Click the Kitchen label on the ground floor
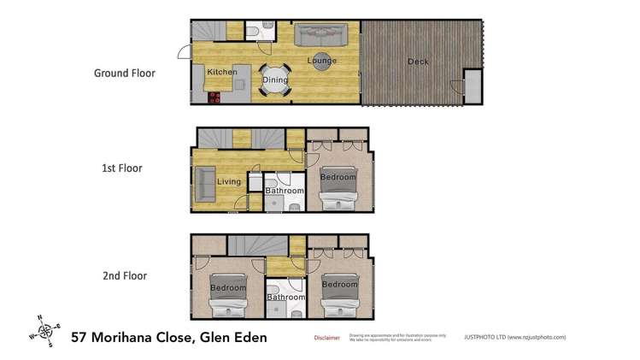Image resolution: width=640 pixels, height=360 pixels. coord(220,73)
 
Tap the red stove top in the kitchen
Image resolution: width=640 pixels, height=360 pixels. coord(213,97)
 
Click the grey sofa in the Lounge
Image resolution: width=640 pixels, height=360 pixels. coord(320,36)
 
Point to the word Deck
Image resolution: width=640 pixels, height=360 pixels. coord(417,62)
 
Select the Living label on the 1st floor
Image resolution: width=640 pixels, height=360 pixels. coord(229,180)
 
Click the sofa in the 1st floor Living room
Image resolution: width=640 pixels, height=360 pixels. coord(204,183)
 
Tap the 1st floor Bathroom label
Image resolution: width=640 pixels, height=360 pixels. coord(284,191)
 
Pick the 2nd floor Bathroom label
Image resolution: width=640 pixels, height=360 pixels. coord(284,298)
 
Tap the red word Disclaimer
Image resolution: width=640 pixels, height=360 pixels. coord(327,339)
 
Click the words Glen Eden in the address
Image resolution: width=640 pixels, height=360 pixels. coord(232,337)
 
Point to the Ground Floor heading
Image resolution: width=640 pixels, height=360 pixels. coord(124,74)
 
